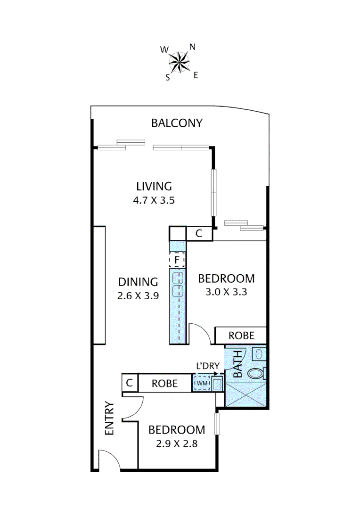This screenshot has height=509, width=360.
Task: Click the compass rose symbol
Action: click(180, 61)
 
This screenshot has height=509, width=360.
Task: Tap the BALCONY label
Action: click(177, 123)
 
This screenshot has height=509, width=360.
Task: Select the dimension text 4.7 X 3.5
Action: click(154, 200)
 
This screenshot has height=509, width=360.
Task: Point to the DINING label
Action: click(138, 282)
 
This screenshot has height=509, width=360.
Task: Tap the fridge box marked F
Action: click(177, 259)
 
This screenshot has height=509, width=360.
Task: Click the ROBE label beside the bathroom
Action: click(241, 336)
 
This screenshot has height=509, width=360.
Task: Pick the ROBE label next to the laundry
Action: click(164, 384)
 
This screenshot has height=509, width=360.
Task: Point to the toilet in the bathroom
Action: click(256, 373)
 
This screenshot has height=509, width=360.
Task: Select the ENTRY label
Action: click(109, 418)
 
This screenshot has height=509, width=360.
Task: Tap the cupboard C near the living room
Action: click(199, 233)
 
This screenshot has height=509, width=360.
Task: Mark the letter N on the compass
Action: click(192, 47)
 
